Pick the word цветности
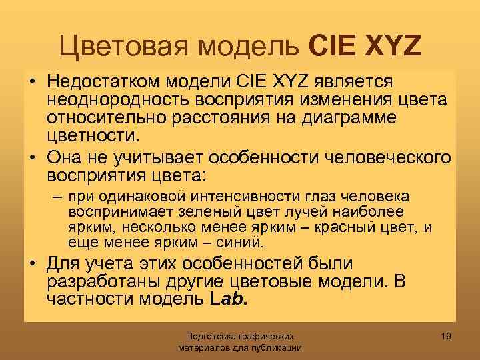pyautogui.click(x=93, y=137)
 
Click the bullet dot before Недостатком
pyautogui.click(x=33, y=82)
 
